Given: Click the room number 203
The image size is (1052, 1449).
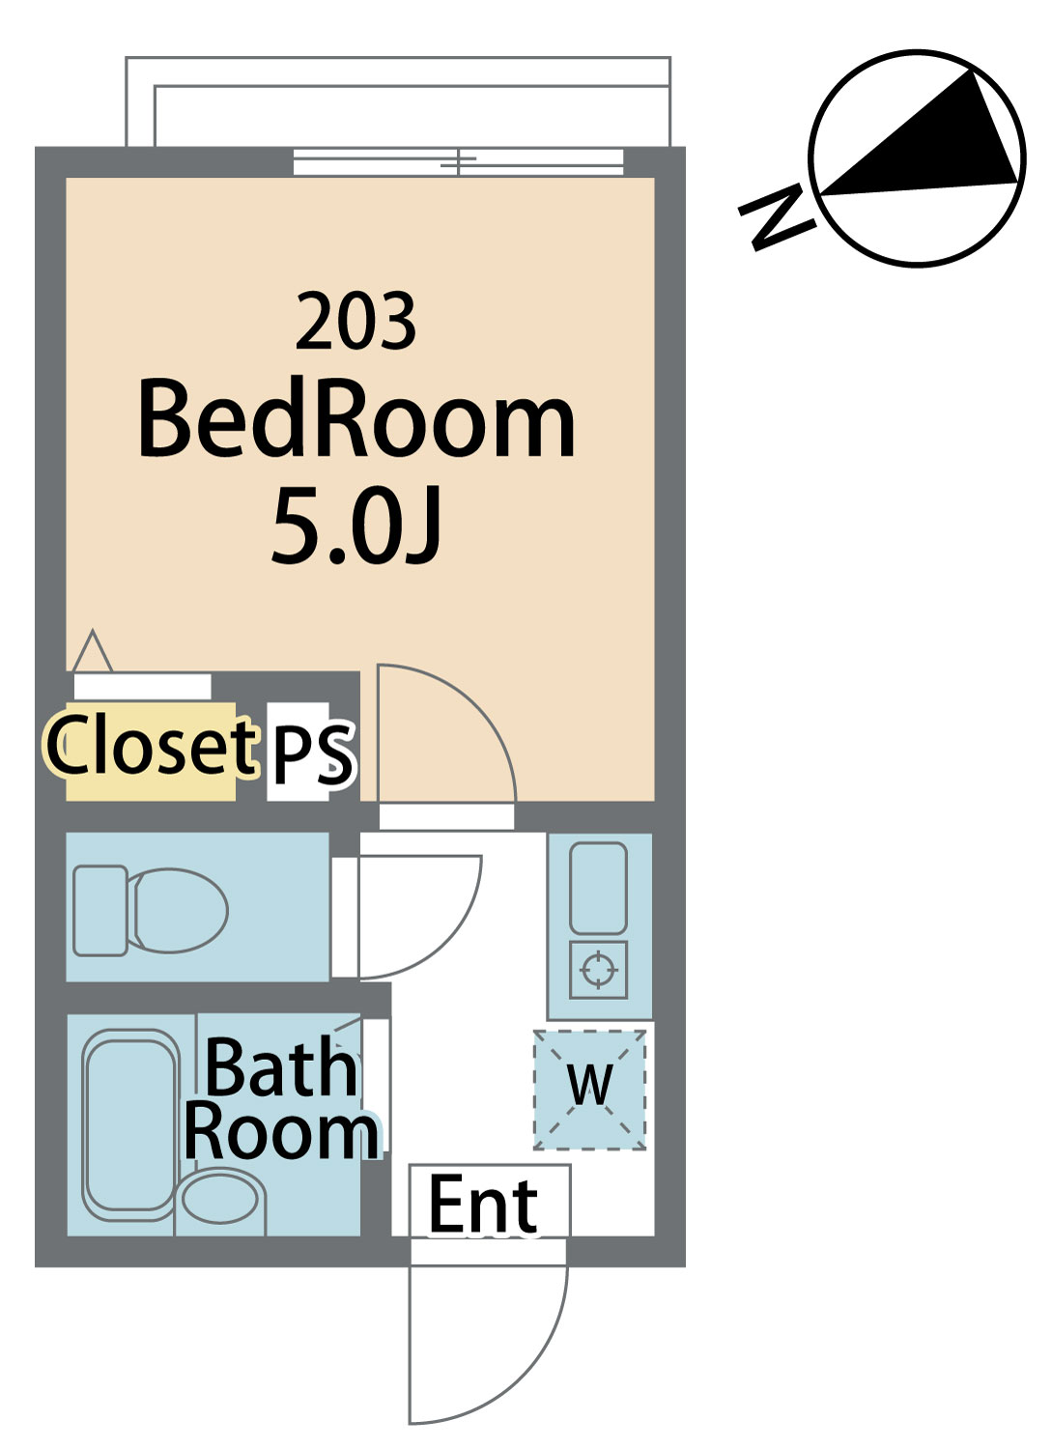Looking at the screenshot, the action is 355,320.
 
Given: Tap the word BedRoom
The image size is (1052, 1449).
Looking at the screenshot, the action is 356,417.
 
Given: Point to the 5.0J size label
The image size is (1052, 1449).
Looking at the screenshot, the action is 356,525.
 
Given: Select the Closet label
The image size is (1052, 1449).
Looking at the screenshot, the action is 150,745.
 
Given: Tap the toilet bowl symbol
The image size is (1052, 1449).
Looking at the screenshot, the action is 180,910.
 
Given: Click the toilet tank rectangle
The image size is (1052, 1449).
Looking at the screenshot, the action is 100,910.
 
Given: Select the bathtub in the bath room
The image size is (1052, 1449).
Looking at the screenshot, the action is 130,1124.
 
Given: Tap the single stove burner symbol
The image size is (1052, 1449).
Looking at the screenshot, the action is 599,970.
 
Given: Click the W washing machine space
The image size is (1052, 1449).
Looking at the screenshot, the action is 589,1090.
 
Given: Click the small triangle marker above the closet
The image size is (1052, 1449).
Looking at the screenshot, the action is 93,651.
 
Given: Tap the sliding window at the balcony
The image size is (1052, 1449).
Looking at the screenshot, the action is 458,161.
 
